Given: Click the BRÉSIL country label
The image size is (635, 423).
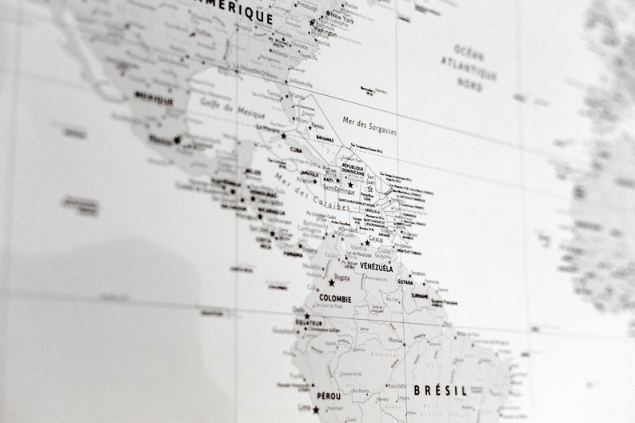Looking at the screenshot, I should click(440, 391).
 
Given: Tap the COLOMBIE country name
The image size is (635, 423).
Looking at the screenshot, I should click(335, 299).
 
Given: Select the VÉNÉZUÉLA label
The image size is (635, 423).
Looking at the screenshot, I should click(376, 267).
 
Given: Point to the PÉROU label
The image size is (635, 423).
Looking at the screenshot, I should click(328, 396).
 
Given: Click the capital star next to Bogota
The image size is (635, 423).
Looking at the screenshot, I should click(331, 283).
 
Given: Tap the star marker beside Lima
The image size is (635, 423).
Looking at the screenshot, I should click(316, 410).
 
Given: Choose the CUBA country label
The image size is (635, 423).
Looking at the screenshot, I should click(297, 150).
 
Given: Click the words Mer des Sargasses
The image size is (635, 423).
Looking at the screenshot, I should click(369, 126).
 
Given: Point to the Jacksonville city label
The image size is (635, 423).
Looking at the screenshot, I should click(300, 82).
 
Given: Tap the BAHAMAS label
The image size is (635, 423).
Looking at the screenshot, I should click(324, 139).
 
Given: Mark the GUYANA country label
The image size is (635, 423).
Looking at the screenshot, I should click(405, 281).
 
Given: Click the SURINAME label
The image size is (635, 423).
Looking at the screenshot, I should click(420, 295).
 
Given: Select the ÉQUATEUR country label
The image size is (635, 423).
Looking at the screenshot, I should click(309, 322).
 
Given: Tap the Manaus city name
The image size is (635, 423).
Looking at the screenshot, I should click(393, 341).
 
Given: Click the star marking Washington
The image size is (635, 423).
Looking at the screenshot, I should click(313, 23).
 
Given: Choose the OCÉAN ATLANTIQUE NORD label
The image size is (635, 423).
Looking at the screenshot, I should click(470, 67).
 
